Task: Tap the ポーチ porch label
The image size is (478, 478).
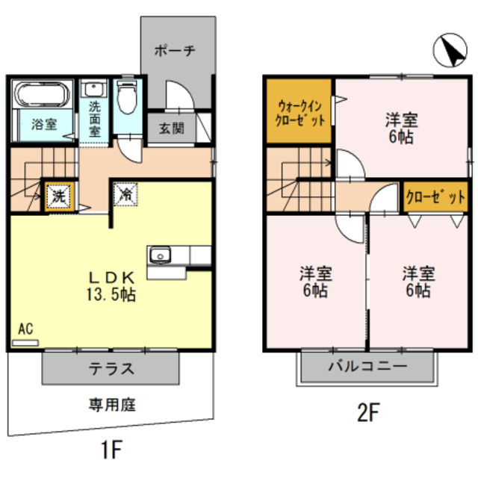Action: point(174,51)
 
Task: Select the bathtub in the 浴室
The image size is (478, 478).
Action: point(42,95)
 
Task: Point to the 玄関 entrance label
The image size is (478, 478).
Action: point(170,127)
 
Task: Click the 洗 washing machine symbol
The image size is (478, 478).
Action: point(58,197)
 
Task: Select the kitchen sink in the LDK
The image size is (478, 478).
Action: point(160,256)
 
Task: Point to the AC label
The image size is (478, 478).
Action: point(25,329)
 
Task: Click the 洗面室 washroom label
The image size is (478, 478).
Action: point(95,118)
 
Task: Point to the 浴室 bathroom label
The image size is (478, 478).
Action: point(43,125)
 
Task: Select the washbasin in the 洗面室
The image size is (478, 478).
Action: point(94,89)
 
